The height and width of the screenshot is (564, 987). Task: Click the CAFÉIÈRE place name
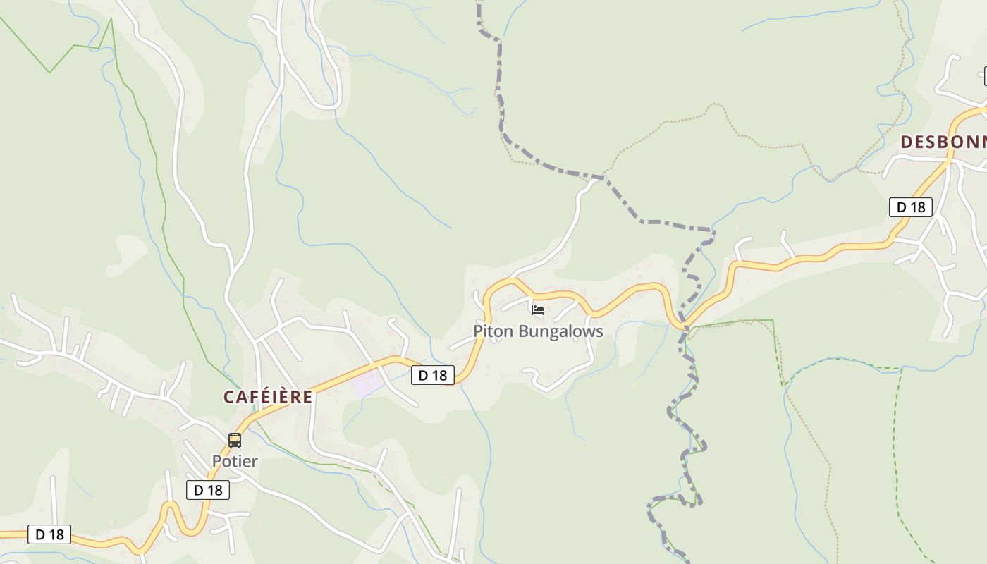click(268, 397)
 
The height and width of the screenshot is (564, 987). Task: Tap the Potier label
click(235, 461)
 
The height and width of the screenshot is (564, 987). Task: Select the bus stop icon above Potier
click(235, 441)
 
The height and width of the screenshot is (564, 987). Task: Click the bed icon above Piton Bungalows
click(538, 310)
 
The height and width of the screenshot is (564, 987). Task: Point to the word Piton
click(491, 331)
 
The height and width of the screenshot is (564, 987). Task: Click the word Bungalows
click(558, 331)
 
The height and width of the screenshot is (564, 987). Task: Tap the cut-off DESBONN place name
click(943, 142)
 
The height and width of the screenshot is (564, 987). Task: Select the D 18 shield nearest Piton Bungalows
click(433, 375)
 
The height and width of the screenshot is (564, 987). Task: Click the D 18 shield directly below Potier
click(208, 490)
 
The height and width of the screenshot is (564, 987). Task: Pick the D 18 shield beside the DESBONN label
click(910, 207)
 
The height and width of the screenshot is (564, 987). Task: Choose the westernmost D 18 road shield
click(49, 534)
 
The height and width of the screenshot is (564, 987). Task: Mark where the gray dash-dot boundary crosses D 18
click(683, 326)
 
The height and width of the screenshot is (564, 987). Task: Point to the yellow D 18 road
click(811, 256)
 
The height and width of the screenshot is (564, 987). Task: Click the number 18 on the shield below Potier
click(215, 490)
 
